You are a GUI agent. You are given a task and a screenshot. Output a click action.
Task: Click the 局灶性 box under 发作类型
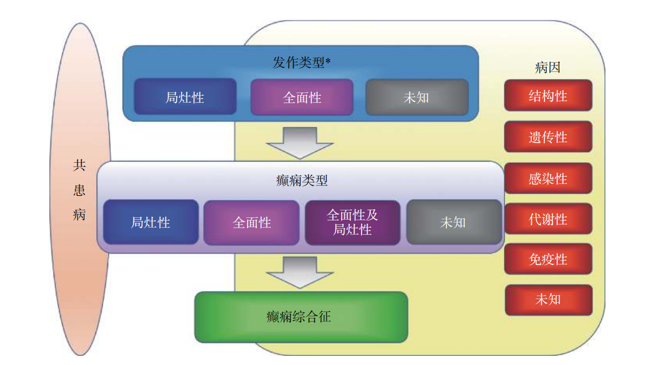(x=185, y=97)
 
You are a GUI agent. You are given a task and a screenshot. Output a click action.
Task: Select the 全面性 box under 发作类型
(x=302, y=97)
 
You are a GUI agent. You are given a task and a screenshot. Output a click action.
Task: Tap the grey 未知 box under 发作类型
(x=416, y=97)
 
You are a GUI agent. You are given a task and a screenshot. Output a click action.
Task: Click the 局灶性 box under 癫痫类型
(x=150, y=222)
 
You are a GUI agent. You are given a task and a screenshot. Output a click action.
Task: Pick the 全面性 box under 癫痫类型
(x=251, y=222)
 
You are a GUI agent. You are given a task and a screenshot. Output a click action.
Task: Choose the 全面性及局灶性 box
(x=352, y=222)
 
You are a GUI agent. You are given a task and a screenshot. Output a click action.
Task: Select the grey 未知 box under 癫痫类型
(x=453, y=222)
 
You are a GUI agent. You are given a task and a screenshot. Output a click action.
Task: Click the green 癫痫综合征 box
(x=301, y=317)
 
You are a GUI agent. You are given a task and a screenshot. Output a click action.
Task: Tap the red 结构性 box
(x=548, y=96)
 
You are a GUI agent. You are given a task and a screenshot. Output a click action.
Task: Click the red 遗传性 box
(x=548, y=137)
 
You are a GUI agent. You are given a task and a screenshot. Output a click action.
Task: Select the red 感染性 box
(x=548, y=178)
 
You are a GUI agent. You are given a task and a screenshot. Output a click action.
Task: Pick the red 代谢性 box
(x=548, y=219)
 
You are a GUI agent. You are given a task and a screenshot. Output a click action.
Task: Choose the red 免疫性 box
(x=548, y=259)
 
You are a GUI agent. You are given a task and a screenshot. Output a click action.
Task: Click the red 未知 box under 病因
(x=548, y=300)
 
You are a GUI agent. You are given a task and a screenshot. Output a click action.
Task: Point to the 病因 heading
(x=548, y=68)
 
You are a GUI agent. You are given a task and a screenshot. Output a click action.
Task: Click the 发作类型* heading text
(x=301, y=62)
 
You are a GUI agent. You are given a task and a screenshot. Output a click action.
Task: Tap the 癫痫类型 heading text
(x=302, y=180)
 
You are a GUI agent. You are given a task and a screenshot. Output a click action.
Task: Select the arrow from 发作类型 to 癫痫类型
(x=300, y=142)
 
